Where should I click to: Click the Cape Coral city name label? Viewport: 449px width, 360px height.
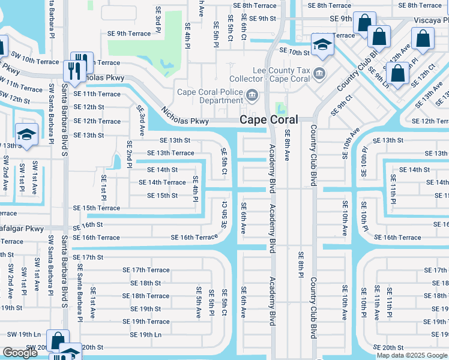coord(268,120)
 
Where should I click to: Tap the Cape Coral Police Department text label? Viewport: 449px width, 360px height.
coord(209,96)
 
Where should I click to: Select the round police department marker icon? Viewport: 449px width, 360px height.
coord(253,95)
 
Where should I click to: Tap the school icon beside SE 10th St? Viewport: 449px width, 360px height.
coord(322,45)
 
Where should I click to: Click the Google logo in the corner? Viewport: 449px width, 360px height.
coord(20,353)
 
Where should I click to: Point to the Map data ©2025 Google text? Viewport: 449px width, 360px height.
coord(411,355)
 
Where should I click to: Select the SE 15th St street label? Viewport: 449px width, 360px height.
coord(162,196)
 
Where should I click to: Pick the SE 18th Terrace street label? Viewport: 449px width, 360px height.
coord(146,296)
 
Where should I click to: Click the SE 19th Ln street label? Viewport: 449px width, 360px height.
coord(142,335)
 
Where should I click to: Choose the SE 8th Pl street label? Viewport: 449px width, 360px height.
coord(301,265)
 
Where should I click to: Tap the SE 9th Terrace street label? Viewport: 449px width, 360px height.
coord(129,34)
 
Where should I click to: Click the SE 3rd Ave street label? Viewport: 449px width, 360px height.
coord(141,120)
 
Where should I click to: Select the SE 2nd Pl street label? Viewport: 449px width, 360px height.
coord(129,154)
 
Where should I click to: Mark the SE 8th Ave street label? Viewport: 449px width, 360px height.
coord(287,145)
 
